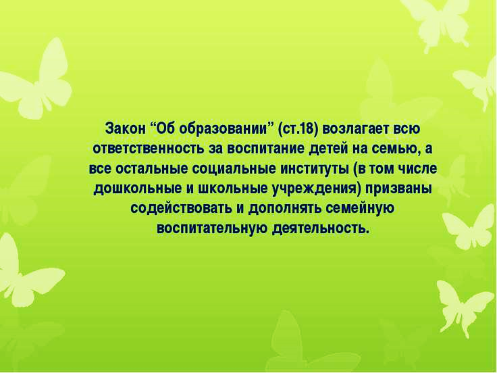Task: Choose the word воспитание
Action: [x=265, y=149]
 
